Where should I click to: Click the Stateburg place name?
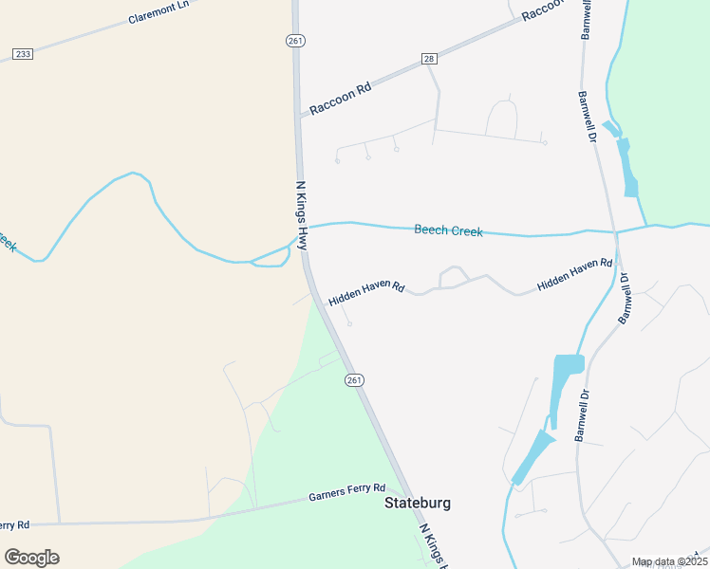(417, 503)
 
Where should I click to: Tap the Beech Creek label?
(448, 230)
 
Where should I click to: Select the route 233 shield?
(23, 54)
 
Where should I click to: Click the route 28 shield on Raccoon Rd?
(429, 59)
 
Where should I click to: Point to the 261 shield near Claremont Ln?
(295, 40)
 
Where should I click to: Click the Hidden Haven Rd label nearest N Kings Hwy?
(366, 293)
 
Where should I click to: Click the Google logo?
(31, 558)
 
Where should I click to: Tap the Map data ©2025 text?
(669, 561)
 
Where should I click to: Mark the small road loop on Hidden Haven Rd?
(453, 277)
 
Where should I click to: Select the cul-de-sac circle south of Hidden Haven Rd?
(349, 324)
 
